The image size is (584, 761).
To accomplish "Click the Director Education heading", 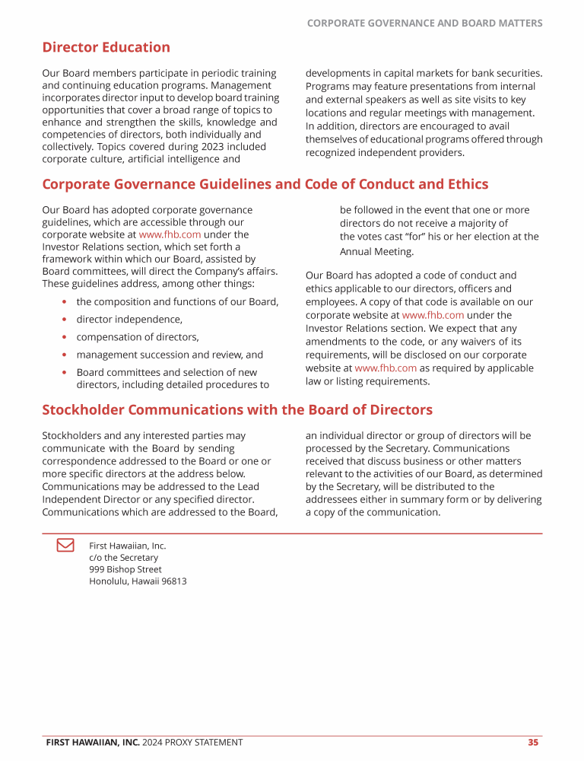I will [x=106, y=47].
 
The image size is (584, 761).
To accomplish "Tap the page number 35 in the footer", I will [x=533, y=742].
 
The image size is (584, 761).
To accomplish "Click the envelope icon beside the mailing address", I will [x=65, y=545].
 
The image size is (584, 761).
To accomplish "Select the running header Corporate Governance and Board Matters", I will [x=424, y=24].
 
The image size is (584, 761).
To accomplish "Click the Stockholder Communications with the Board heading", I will [x=236, y=409].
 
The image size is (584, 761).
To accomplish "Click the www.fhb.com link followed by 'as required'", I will [x=386, y=368].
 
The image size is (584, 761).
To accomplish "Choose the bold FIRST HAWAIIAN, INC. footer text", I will [x=92, y=742].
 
